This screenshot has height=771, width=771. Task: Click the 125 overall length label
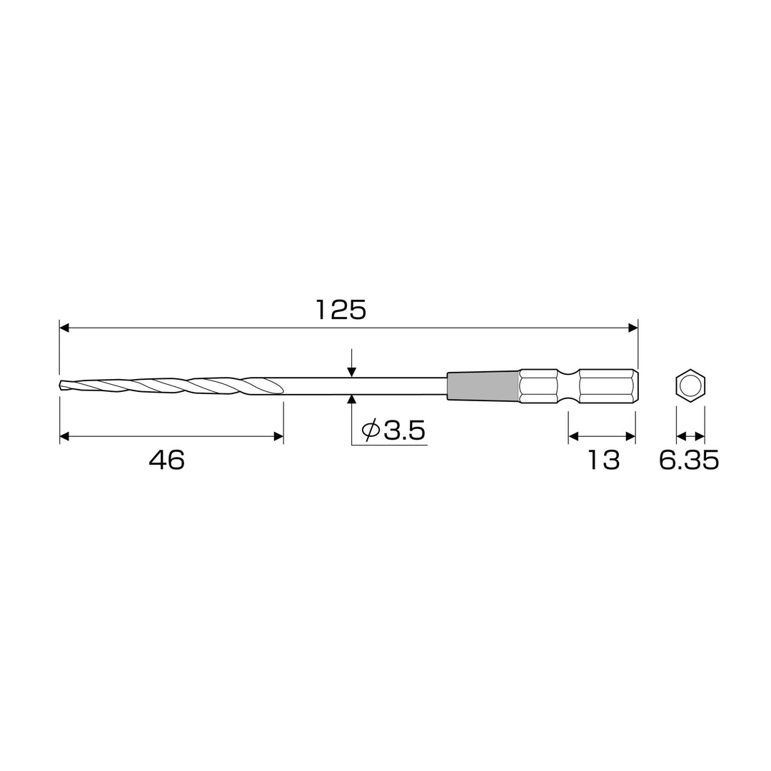pos(341,311)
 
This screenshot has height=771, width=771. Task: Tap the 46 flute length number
pos(166,460)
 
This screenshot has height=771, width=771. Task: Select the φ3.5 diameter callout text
pos(393,430)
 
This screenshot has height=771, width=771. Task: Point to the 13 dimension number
pos(603,460)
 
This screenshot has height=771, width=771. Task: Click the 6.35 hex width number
pos(689,460)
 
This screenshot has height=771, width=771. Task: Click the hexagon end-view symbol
pos(690,385)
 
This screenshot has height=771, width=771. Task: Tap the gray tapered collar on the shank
pos(483,385)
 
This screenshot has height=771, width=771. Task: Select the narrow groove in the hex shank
pos(569,385)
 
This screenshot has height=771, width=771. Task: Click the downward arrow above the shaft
pos(351,363)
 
